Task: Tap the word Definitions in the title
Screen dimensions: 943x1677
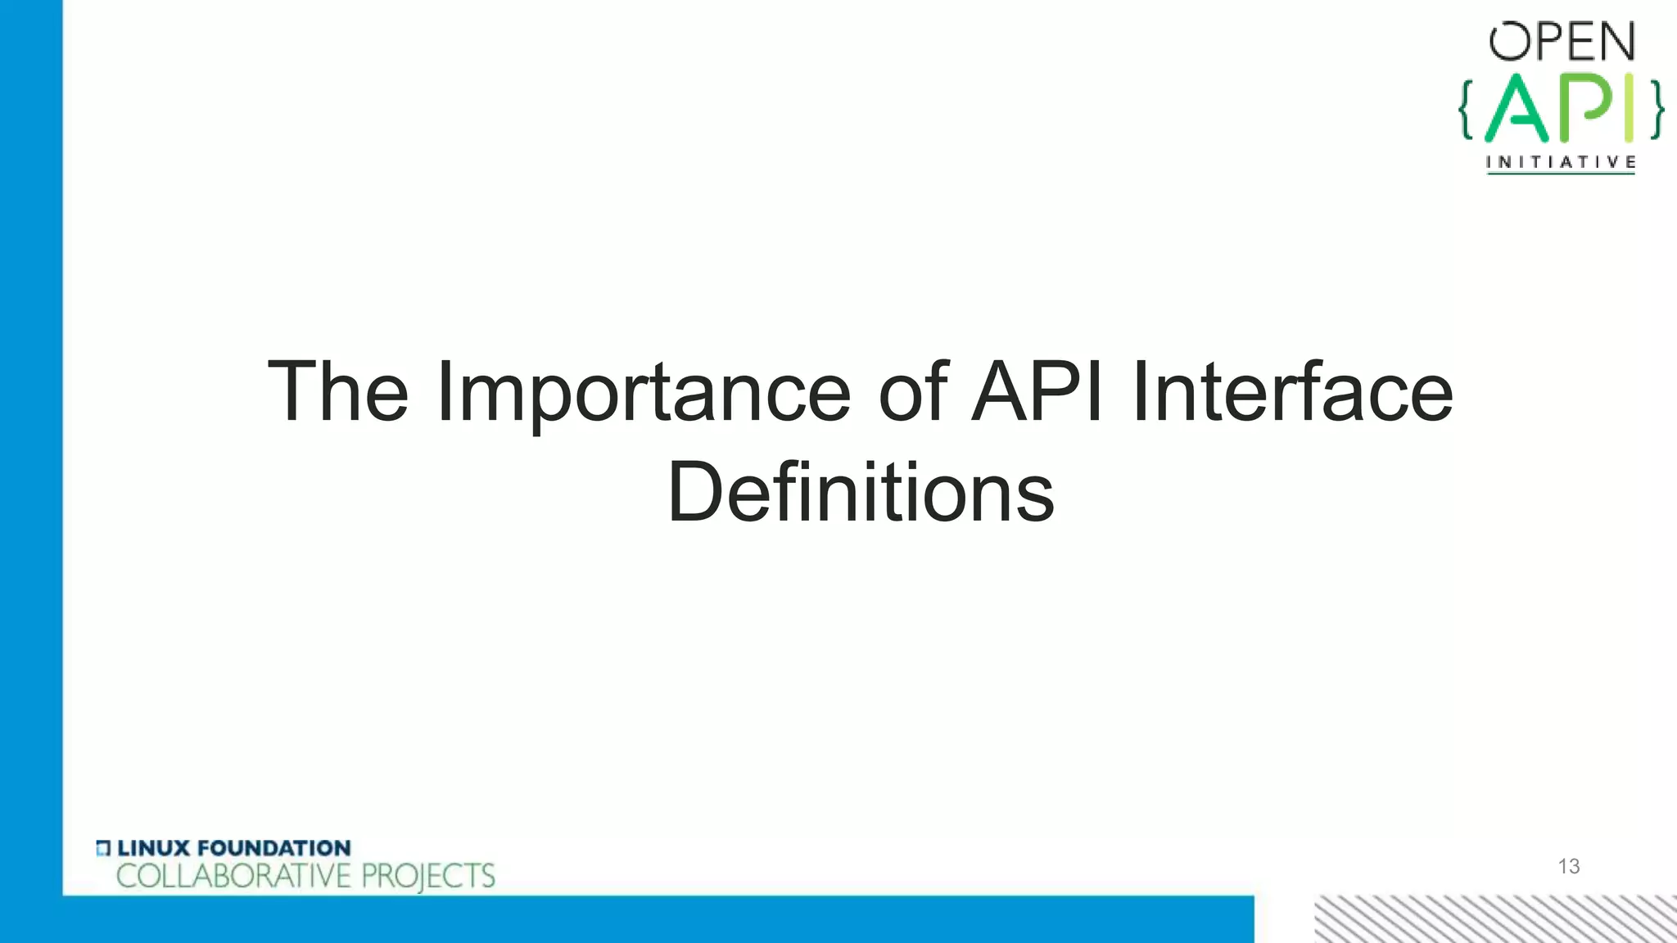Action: pos(861,493)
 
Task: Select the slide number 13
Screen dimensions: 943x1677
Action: pos(1568,866)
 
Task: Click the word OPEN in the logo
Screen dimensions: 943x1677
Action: pos(1562,42)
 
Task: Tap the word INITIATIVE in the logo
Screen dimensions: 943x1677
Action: pos(1561,162)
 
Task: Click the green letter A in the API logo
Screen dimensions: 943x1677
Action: pos(1517,109)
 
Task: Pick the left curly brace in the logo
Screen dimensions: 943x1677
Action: pos(1466,109)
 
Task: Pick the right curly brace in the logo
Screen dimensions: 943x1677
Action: pos(1656,109)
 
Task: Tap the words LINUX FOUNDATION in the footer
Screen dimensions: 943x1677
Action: pos(233,848)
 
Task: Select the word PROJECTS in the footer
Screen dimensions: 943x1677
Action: pos(428,876)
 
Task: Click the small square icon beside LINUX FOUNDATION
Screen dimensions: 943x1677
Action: pos(103,848)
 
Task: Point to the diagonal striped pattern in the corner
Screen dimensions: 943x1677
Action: pos(1495,918)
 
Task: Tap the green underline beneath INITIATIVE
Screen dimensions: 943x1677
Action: pos(1561,174)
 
